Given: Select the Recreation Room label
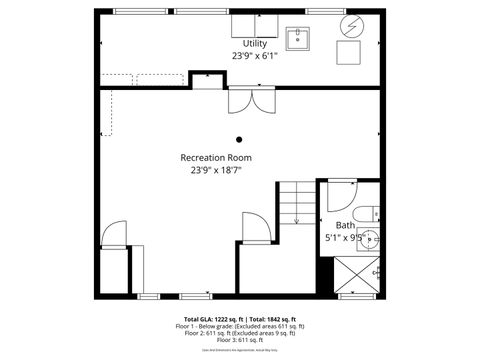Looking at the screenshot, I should [216, 158].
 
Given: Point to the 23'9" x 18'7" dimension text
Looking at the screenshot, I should [216, 170].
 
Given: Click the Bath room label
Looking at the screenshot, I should [345, 225].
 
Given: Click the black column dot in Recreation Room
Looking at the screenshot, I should [238, 139].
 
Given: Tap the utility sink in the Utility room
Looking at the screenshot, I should [297, 39].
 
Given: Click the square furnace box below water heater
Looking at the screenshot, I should [349, 53].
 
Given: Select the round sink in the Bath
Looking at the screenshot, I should [370, 239].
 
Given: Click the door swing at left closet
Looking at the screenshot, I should [113, 233].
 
